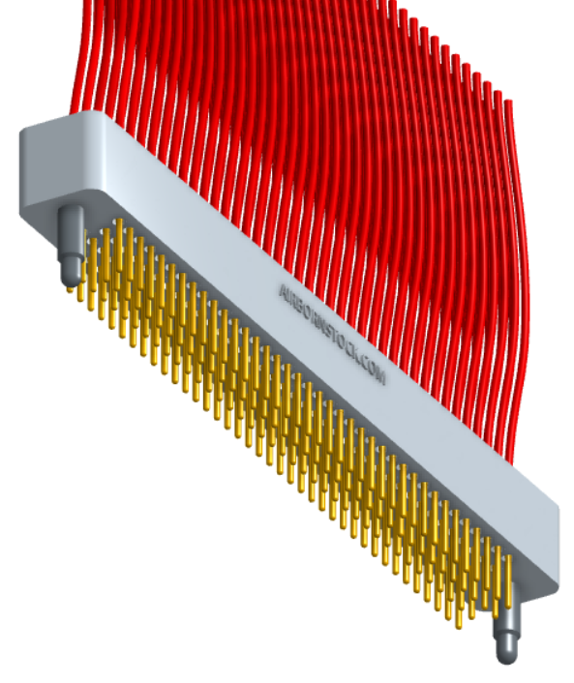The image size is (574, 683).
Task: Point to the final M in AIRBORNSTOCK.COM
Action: pos(380,378)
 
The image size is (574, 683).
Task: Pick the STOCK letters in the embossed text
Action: pos(341,343)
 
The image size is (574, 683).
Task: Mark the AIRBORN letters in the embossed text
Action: pos(302,309)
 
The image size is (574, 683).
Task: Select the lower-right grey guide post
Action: pos(507,633)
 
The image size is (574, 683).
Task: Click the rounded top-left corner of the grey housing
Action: pos(29,131)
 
